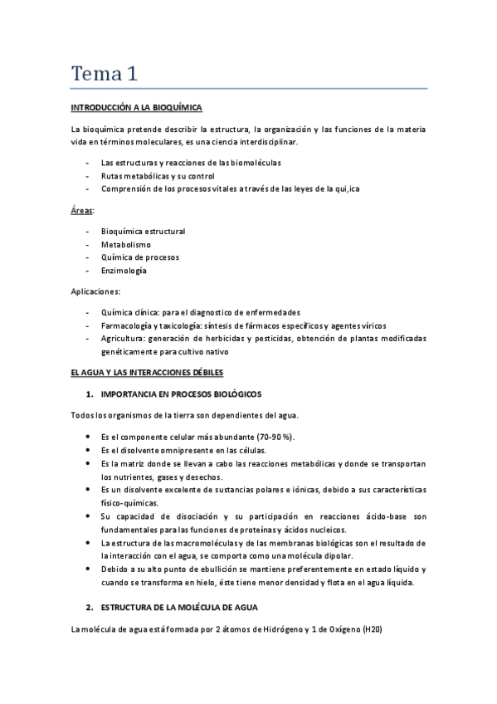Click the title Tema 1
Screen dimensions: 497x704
104,73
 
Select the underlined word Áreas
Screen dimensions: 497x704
82,212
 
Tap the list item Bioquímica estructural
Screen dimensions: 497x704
143,231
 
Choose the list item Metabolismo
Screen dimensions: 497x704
125,244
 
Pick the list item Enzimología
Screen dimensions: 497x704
124,271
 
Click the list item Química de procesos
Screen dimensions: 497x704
139,257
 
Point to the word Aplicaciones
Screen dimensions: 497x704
95,291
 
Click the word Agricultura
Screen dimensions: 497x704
123,339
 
